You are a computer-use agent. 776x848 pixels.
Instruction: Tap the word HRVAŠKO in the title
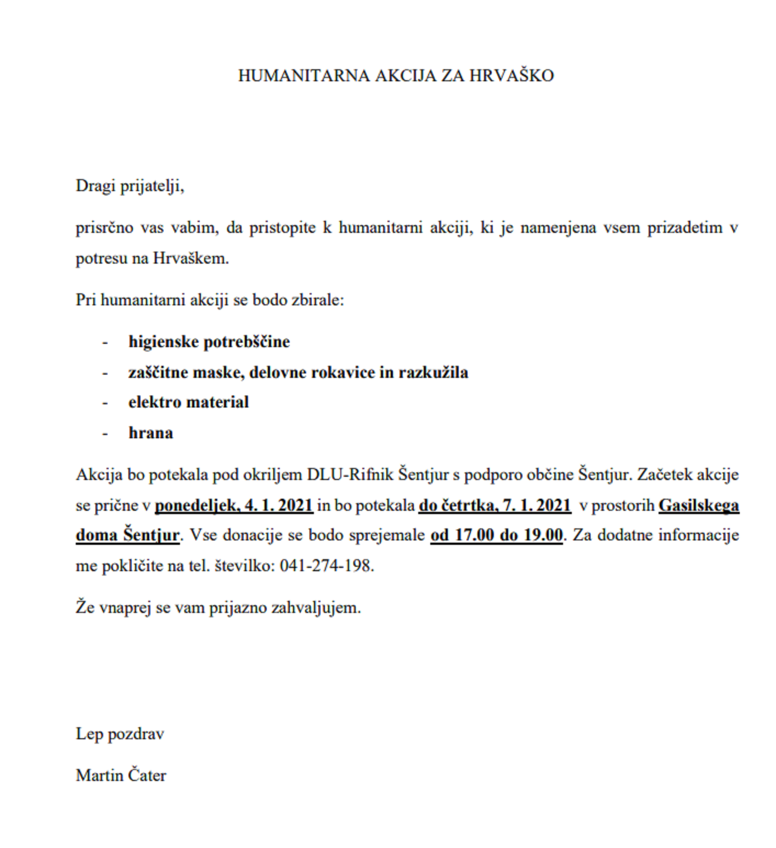[511, 75]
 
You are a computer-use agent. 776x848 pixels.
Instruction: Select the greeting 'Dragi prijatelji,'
[130, 186]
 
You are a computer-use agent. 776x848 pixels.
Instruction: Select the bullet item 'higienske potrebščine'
[209, 342]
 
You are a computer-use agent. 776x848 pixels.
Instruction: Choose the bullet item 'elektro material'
[188, 402]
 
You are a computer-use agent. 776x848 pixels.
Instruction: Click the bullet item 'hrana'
[150, 433]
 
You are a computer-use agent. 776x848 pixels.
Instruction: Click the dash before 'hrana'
[105, 433]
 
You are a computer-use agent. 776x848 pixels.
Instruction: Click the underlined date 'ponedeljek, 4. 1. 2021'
[234, 505]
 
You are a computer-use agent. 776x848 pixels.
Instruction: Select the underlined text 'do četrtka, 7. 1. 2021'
[494, 505]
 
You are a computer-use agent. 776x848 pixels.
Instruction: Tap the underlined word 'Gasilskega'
[699, 505]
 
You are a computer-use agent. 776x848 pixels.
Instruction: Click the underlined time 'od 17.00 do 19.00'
[497, 535]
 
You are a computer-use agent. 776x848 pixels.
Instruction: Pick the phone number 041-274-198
[327, 566]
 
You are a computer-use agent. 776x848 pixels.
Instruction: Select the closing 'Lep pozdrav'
[120, 734]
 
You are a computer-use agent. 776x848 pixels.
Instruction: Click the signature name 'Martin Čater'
[121, 776]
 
